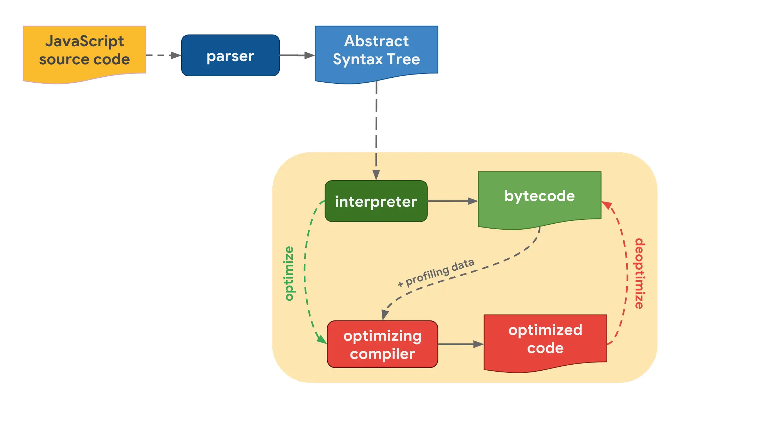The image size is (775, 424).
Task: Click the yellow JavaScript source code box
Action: pyautogui.click(x=84, y=51)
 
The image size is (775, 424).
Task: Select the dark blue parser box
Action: pyautogui.click(x=230, y=55)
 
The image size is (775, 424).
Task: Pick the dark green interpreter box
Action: pyautogui.click(x=376, y=201)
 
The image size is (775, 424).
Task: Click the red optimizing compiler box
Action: pyautogui.click(x=382, y=344)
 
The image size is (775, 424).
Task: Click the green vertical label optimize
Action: pyautogui.click(x=289, y=273)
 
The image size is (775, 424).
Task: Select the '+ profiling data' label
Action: pyautogui.click(x=436, y=272)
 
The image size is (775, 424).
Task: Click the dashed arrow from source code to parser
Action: pyautogui.click(x=162, y=55)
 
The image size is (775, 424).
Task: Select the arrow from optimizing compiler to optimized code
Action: pyautogui.click(x=460, y=344)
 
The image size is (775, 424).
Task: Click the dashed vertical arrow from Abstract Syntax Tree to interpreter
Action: pyautogui.click(x=376, y=131)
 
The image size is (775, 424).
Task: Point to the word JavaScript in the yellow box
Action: pyautogui.click(x=84, y=41)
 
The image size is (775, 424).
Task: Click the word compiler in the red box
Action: pyautogui.click(x=382, y=354)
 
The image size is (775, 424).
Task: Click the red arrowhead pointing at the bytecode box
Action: pyautogui.click(x=606, y=205)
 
